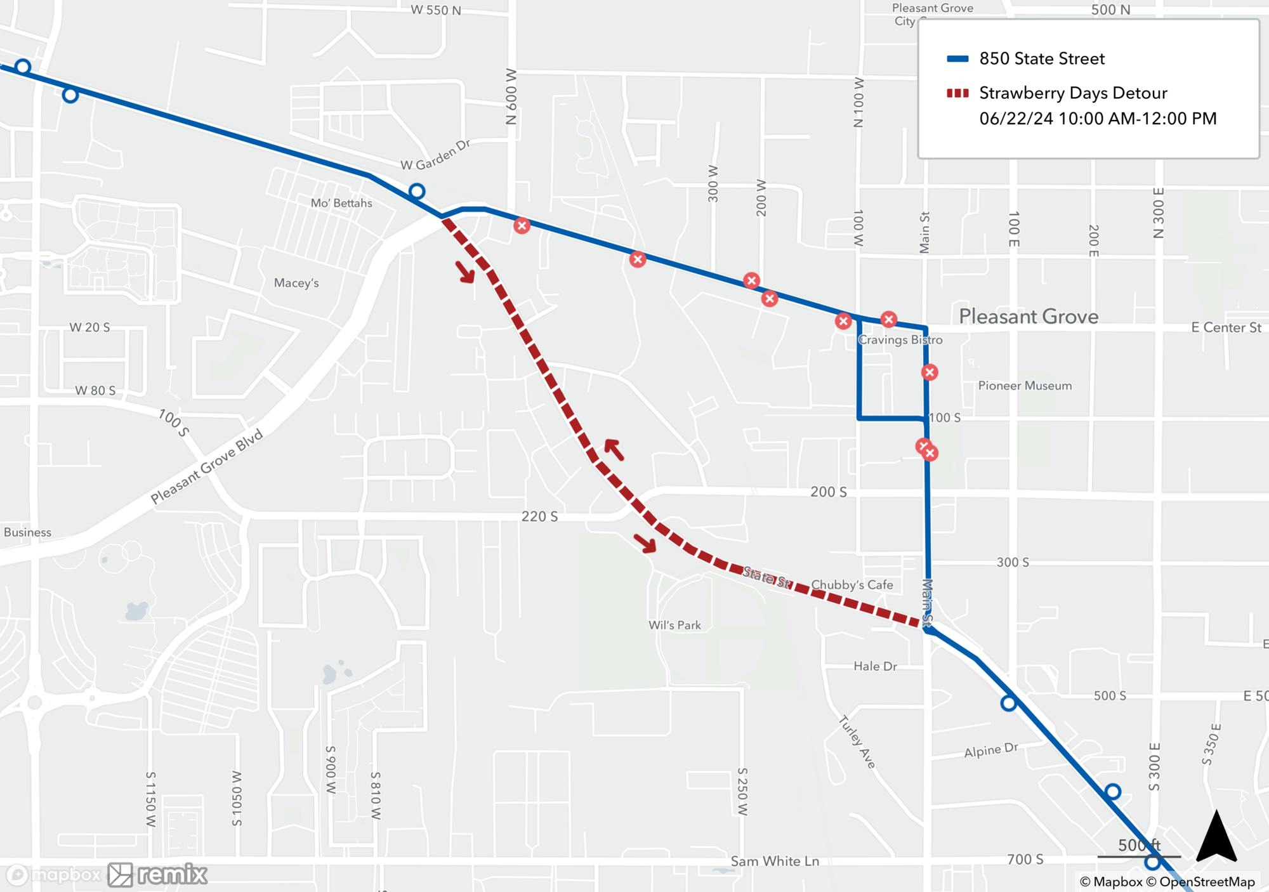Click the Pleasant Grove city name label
coord(1028,316)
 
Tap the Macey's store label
coord(296,283)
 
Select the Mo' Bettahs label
coord(341,203)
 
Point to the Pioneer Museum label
coord(1025,386)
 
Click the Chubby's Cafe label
coord(851,585)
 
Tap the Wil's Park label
coord(674,625)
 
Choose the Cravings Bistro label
coord(900,340)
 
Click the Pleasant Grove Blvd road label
coord(206,467)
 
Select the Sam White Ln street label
coord(775,861)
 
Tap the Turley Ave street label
coord(857,742)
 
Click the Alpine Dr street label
coord(990,750)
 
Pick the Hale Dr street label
coord(875,666)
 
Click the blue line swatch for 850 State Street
coord(957,59)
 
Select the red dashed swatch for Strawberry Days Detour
coord(957,93)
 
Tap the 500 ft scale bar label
coord(1139,845)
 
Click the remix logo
coord(157,875)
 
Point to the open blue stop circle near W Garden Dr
coord(416,191)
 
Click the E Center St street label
coord(1226,327)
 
